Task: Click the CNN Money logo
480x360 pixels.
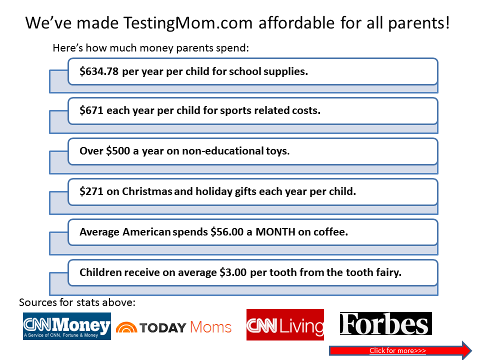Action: click(x=67, y=326)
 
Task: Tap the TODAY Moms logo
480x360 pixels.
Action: click(x=173, y=327)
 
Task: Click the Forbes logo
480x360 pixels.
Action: click(x=385, y=323)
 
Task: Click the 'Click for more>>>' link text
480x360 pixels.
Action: click(x=397, y=350)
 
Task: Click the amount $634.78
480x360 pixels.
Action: click(x=99, y=71)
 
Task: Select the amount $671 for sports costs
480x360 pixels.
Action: click(x=91, y=110)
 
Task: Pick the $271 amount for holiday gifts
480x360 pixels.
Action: click(x=91, y=191)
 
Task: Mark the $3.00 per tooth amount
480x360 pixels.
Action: click(x=233, y=272)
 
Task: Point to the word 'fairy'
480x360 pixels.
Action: click(x=389, y=272)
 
